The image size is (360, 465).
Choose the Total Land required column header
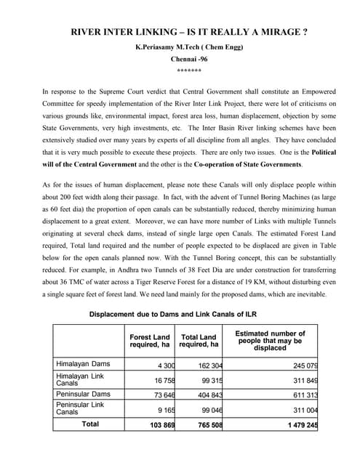(199, 341)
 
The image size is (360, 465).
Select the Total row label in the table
(90, 424)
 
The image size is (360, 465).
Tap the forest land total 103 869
(159, 424)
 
